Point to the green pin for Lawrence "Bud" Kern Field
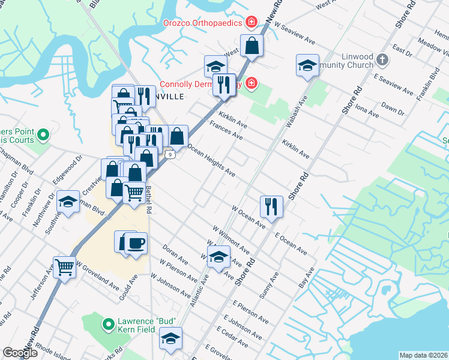[109, 325]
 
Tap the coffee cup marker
[136, 243]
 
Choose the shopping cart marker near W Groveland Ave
[65, 266]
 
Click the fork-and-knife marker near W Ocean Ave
[271, 206]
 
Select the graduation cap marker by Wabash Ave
[307, 65]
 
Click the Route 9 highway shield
[172, 154]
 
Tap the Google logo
[20, 353]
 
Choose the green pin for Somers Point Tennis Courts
[43, 136]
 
